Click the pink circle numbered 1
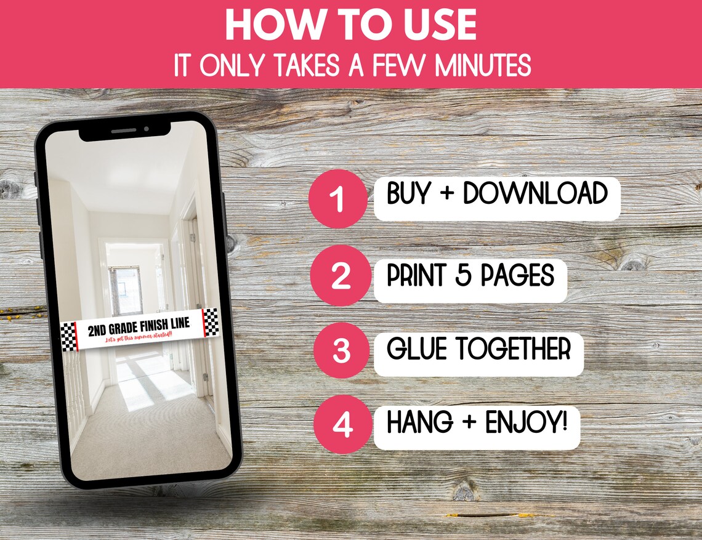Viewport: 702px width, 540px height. [x=339, y=199]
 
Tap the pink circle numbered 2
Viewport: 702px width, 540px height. [x=341, y=275]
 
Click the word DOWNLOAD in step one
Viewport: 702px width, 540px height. [x=535, y=193]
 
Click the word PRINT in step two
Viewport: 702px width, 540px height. [x=417, y=275]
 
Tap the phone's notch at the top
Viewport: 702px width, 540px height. [x=126, y=131]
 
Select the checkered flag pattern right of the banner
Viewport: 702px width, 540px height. [x=211, y=323]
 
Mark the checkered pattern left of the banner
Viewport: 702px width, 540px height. [x=68, y=337]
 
